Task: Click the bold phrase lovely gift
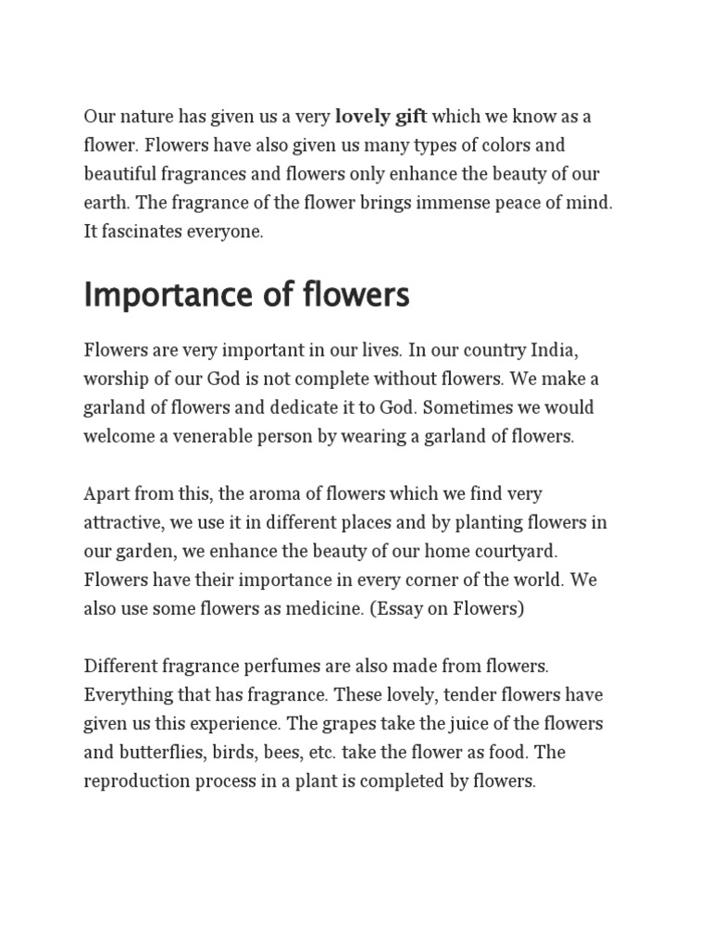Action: [x=380, y=117]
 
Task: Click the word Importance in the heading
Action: [x=161, y=295]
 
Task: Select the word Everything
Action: [x=123, y=694]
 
